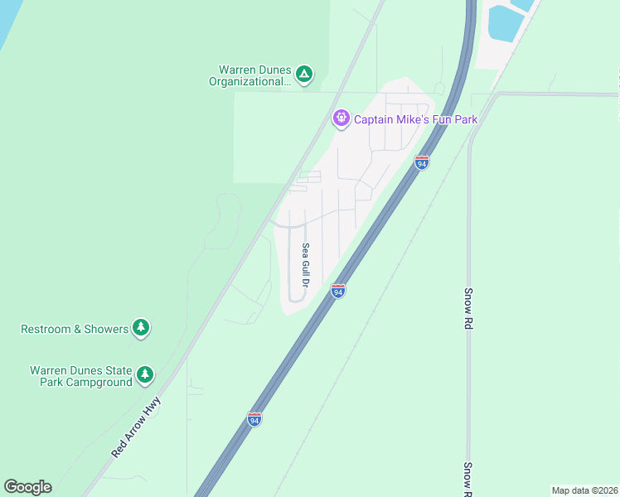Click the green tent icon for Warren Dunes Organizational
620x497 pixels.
pos(304,75)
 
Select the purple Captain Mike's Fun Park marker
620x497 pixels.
pos(341,119)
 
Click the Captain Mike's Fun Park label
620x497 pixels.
pos(415,119)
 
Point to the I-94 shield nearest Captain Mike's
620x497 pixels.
pos(422,163)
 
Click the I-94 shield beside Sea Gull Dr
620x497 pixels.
pos(337,291)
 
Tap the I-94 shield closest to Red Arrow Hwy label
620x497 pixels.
pos(254,419)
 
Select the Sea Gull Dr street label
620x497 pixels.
pos(305,265)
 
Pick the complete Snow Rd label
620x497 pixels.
pos(468,309)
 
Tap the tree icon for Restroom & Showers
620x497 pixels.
pos(142,329)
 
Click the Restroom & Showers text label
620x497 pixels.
pos(75,329)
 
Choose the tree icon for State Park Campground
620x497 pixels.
pos(146,375)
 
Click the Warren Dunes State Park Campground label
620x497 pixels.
pos(81,376)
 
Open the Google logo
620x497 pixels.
pos(27,487)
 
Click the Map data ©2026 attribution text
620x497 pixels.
pos(584,490)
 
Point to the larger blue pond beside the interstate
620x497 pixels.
pos(504,23)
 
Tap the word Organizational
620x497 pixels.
pos(249,81)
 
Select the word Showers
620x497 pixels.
pos(106,329)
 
